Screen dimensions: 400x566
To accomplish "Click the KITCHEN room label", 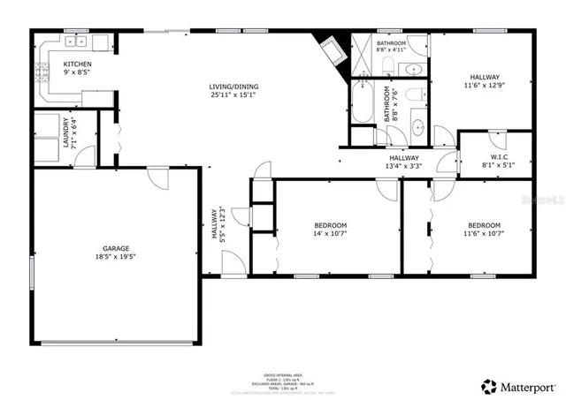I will pos(77,64).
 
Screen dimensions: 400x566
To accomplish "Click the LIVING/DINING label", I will pos(234,87).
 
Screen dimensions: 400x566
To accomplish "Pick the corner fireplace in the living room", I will pos(332,52).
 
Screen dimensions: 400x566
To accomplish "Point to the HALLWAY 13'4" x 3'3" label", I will pos(403,161).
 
